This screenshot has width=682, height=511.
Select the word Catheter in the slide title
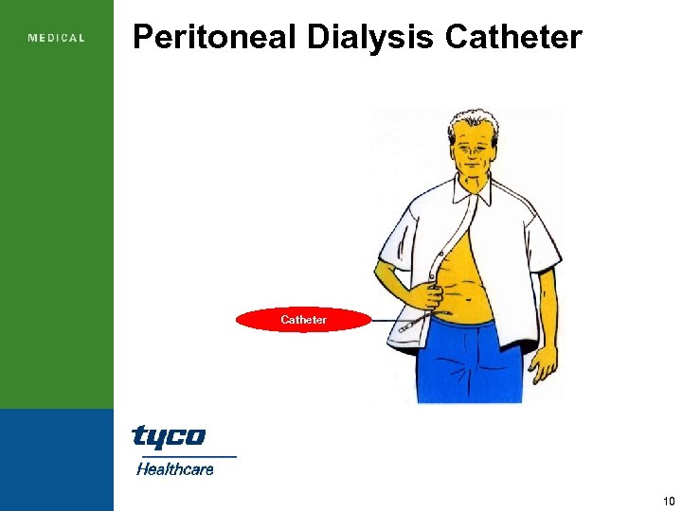click(x=512, y=37)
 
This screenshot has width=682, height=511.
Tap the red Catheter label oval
click(x=303, y=320)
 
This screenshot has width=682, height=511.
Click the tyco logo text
click(x=168, y=436)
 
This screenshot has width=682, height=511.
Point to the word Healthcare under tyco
click(x=175, y=468)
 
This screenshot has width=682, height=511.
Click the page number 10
click(x=669, y=500)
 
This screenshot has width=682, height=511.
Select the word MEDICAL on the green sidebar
click(x=57, y=38)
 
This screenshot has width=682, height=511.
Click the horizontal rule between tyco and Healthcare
click(x=184, y=455)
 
